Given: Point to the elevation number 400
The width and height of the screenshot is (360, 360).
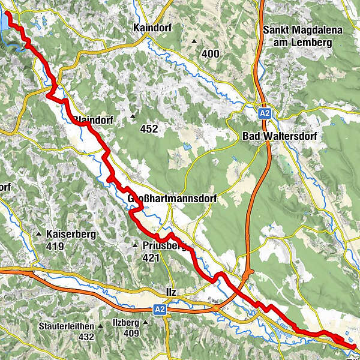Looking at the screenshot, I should coord(211,54).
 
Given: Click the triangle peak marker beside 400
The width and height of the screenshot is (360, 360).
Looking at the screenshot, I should coord(194,41).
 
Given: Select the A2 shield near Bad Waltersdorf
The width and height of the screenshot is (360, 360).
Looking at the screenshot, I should coord(265,112).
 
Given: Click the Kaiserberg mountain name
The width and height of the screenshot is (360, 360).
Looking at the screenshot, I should coord(69,234).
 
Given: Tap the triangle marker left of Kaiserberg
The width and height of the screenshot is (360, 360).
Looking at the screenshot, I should coord(40,234).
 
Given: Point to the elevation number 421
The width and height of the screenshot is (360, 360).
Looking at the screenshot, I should coord(151,258).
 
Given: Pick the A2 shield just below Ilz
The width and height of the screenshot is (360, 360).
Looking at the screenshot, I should coord(158,309).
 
